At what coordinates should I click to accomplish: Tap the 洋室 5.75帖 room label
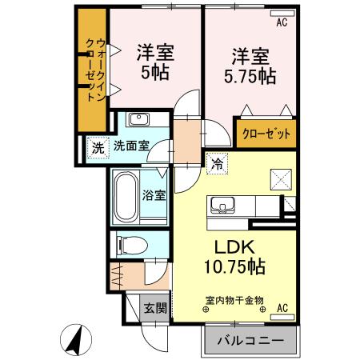[x=254, y=66]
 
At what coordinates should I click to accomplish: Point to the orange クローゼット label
[x=266, y=132]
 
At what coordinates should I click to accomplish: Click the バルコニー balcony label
[x=250, y=340]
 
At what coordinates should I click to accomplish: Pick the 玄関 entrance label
[x=154, y=306]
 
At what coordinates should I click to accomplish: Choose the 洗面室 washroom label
[x=130, y=146]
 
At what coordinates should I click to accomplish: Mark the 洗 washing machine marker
[x=97, y=147]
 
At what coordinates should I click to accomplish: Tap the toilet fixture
[x=129, y=244]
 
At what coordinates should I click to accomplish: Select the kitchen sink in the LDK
[x=222, y=205]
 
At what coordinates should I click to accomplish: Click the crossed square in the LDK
[x=280, y=178]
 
